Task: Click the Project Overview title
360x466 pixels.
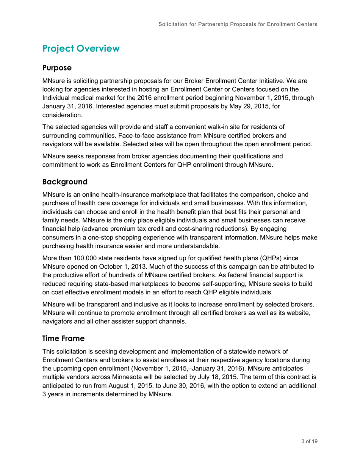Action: click(x=81, y=48)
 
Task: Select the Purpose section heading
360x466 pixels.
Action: click(x=57, y=68)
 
